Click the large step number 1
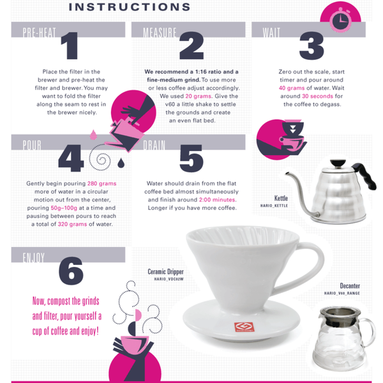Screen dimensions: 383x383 [x=70, y=46]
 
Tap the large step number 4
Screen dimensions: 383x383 [x=71, y=158]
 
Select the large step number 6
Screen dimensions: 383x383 [x=71, y=271]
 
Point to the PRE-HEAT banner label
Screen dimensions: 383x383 [x=39, y=33]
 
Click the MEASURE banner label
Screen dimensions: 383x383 [x=160, y=33]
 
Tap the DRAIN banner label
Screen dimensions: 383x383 [x=154, y=145]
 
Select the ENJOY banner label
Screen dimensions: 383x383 [x=34, y=257]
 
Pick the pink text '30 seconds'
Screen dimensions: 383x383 [x=317, y=96]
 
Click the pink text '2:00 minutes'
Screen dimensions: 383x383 [x=217, y=200]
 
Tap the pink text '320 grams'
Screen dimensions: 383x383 [x=72, y=224]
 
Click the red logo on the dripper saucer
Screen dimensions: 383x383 [x=244, y=327]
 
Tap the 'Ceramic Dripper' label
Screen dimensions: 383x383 [x=165, y=272]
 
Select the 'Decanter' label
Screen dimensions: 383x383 [x=350, y=286]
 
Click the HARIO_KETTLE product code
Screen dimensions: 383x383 [x=274, y=206]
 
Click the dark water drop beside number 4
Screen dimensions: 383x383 [x=121, y=163]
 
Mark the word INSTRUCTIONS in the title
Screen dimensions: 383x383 [x=130, y=7]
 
